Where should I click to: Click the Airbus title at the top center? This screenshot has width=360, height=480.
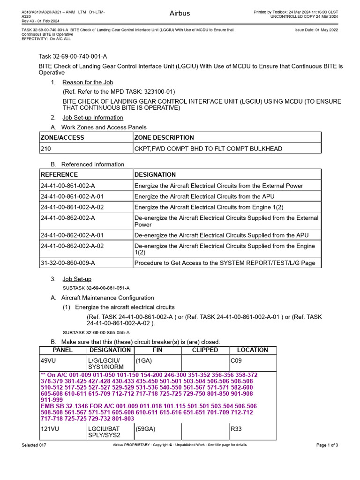point(180,14)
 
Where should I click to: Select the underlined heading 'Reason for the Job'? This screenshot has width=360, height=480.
point(88,82)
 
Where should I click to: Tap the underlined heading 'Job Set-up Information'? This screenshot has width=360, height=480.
point(93,118)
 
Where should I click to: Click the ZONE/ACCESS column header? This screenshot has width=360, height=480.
point(62,137)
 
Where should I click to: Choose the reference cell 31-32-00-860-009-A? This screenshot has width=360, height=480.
point(67,263)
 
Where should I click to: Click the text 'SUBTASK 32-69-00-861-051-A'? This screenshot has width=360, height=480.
point(96,287)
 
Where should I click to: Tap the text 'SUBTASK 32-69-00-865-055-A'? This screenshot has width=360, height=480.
point(96,332)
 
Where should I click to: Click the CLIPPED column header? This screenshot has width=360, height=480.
point(205,350)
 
